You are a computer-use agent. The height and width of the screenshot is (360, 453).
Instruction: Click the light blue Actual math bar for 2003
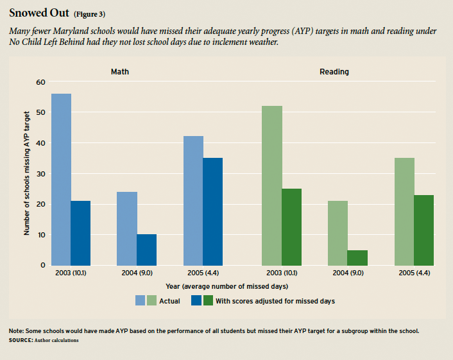(61, 179)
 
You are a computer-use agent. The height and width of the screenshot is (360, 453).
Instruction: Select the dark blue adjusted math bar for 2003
(80, 233)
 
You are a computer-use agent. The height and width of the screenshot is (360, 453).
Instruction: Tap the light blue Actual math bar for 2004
(127, 228)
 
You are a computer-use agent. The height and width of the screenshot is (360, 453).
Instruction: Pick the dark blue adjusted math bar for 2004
(146, 250)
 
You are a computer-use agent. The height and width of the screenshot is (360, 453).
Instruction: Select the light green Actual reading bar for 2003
(272, 185)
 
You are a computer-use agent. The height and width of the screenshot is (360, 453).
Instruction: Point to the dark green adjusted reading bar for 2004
(357, 257)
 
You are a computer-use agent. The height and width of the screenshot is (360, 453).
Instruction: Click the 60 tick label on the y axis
(41, 82)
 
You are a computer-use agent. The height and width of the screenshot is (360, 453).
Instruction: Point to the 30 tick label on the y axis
(41, 173)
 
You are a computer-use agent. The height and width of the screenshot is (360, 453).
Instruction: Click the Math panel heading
(120, 72)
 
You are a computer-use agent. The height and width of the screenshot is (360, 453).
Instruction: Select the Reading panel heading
(334, 72)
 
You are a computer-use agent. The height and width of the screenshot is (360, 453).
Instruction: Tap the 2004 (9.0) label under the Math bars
(137, 273)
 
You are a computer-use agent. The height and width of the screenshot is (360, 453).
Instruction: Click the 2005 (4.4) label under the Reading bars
(414, 273)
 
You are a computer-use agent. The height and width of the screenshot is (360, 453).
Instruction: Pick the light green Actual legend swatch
(151, 300)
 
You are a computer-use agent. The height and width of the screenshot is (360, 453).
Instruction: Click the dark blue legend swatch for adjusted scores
(196, 300)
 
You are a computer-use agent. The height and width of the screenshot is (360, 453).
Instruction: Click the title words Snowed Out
(38, 13)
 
